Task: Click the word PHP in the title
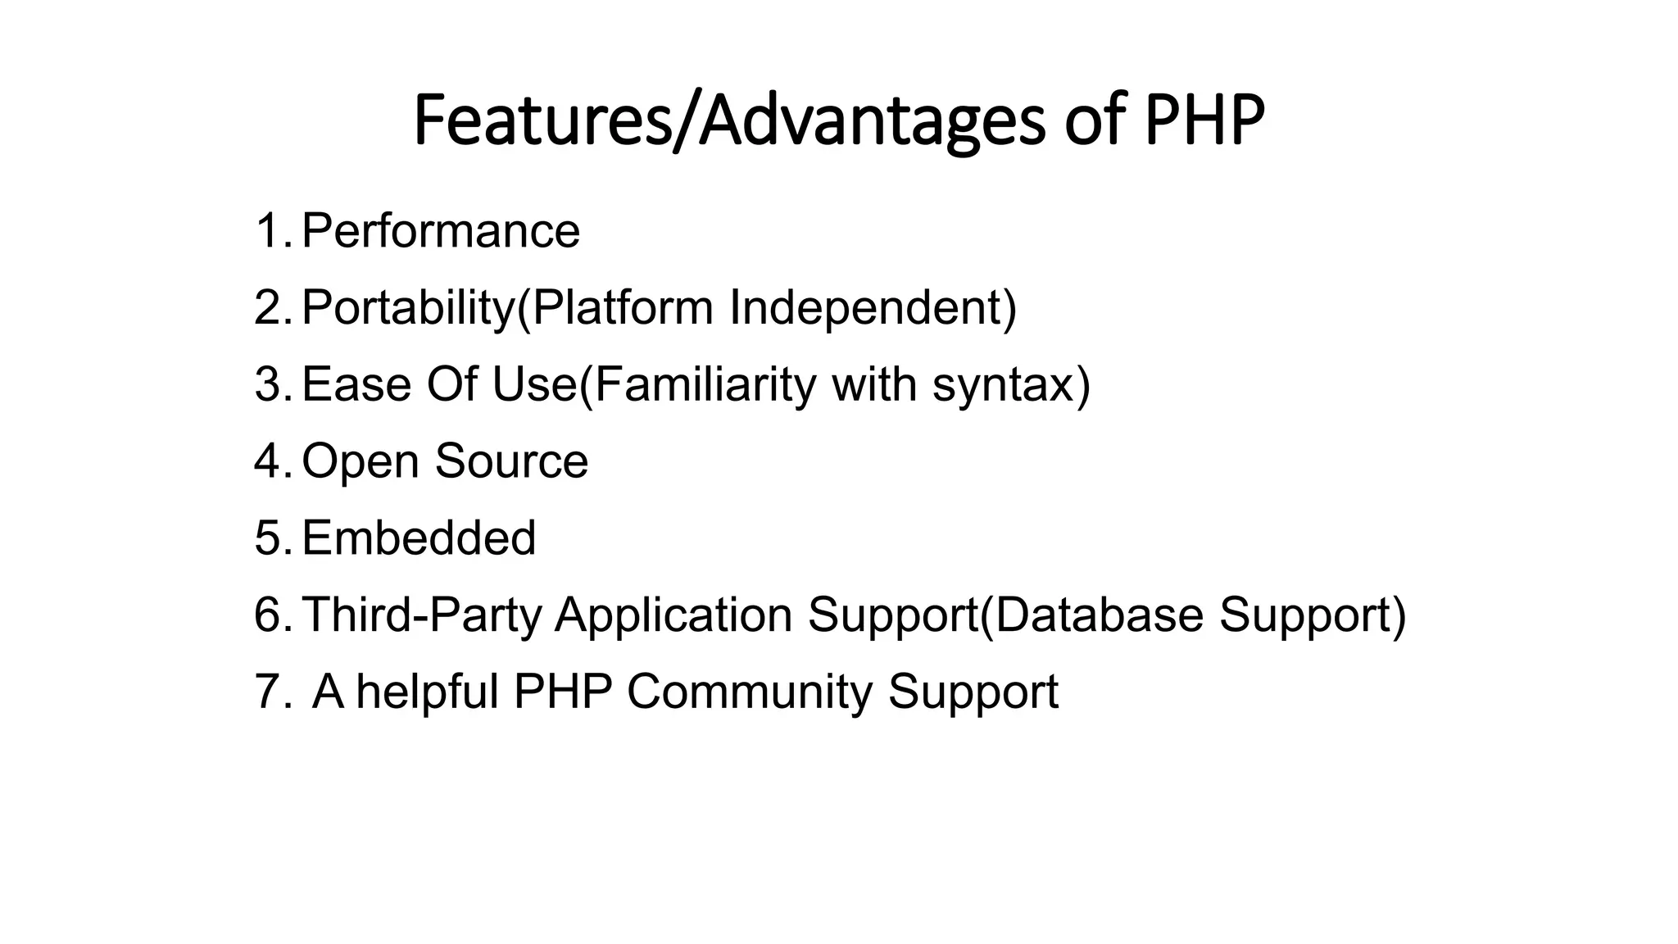[1204, 121]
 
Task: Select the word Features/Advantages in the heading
[729, 121]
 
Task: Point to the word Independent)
[873, 307]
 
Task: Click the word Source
[511, 461]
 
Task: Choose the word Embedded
[419, 538]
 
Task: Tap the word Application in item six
[673, 615]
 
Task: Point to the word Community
[750, 691]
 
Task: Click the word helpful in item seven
[427, 691]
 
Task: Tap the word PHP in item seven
[563, 691]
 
